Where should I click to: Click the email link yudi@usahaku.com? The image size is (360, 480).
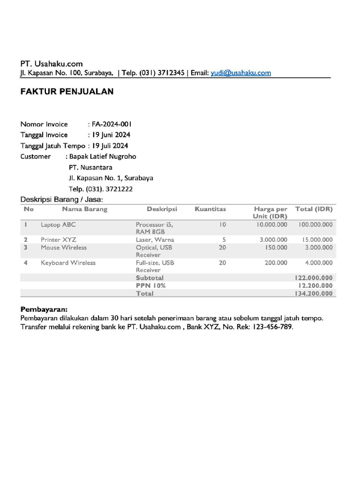click(x=241, y=73)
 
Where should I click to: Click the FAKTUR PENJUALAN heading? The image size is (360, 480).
click(x=67, y=92)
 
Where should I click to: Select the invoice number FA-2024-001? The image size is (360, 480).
click(x=112, y=124)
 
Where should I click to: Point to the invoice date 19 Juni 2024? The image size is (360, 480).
click(x=111, y=135)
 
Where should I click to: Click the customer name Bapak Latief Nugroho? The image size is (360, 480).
click(x=103, y=157)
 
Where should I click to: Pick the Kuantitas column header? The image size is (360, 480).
click(x=210, y=209)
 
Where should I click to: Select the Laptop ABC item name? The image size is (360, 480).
click(x=58, y=225)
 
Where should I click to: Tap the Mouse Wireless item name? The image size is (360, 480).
click(x=64, y=247)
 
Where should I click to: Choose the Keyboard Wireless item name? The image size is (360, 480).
click(x=68, y=263)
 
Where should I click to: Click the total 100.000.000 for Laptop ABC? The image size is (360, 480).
click(x=315, y=225)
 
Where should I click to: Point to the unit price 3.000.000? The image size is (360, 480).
click(x=273, y=240)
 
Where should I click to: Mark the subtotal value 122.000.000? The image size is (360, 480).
click(x=313, y=278)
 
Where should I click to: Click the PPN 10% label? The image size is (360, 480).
click(x=150, y=285)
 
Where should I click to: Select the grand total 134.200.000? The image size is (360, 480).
click(x=313, y=293)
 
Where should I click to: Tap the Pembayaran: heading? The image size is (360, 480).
click(x=44, y=310)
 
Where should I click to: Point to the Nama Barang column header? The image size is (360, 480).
click(x=84, y=209)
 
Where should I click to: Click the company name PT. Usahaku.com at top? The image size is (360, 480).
click(x=52, y=64)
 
